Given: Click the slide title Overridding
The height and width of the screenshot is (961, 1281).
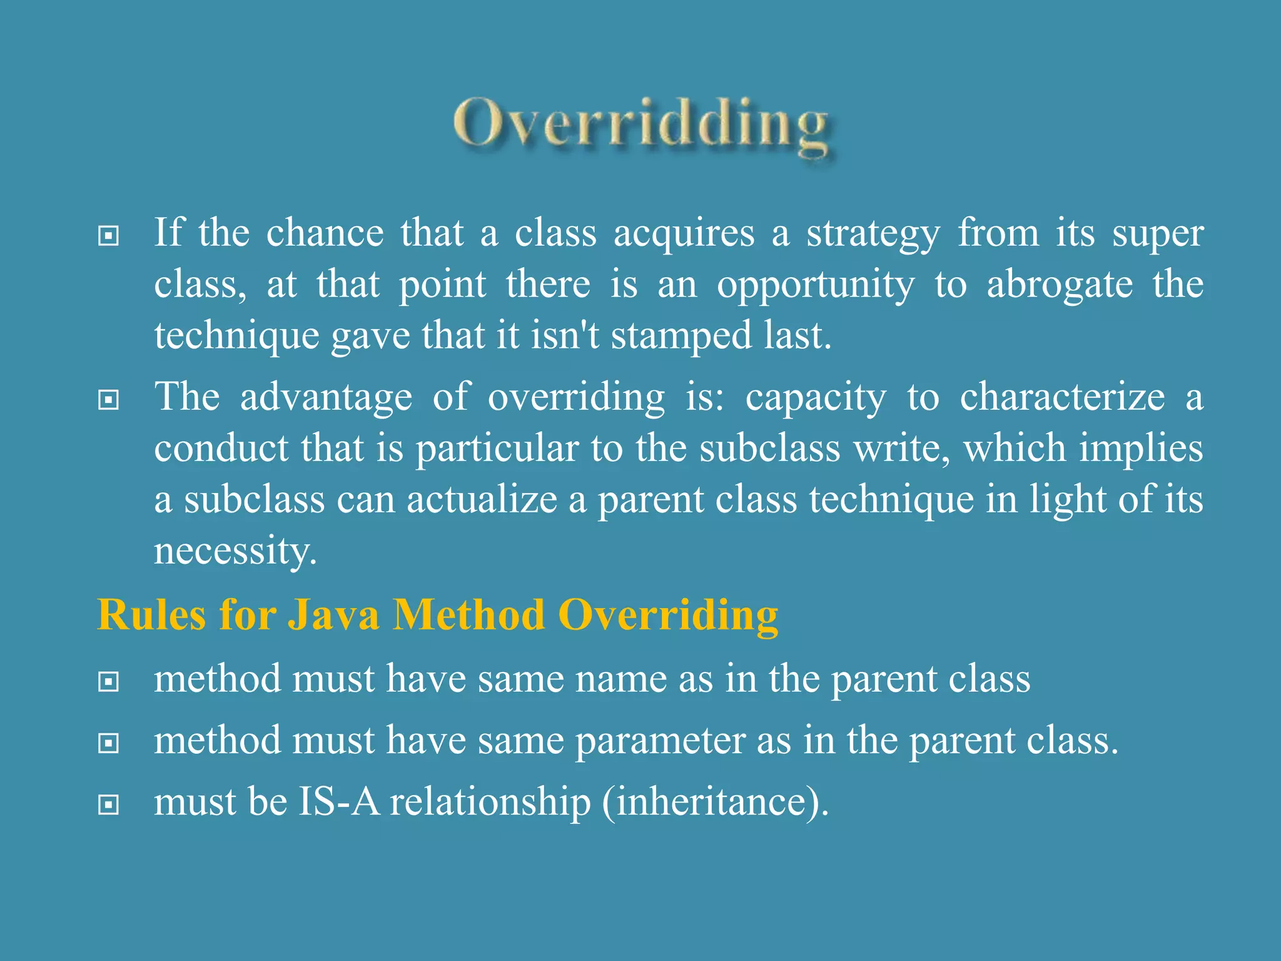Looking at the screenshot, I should click(642, 125).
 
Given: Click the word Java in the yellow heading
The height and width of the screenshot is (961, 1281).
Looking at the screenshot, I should click(333, 614).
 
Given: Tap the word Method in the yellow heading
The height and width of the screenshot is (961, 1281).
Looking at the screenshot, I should click(469, 614).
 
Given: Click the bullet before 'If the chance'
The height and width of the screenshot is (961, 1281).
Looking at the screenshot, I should click(109, 236).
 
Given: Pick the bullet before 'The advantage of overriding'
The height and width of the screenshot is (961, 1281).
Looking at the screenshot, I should click(109, 400).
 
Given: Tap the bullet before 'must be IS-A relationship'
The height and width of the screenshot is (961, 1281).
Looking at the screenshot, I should click(109, 805).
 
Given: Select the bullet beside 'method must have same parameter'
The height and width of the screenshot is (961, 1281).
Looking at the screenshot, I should click(109, 743).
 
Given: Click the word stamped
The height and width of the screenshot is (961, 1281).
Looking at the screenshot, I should click(681, 337).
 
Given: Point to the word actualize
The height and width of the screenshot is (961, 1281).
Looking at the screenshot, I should click(482, 501).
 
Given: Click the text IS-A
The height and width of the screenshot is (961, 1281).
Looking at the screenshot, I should click(339, 802).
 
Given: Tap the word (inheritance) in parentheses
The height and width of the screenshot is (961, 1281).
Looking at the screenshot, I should click(715, 803).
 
